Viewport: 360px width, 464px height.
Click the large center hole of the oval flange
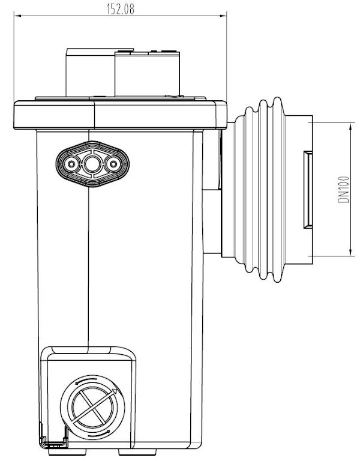[92, 163]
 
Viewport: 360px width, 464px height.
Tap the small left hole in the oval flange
[73, 163]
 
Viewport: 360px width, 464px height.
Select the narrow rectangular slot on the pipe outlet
[305, 189]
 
